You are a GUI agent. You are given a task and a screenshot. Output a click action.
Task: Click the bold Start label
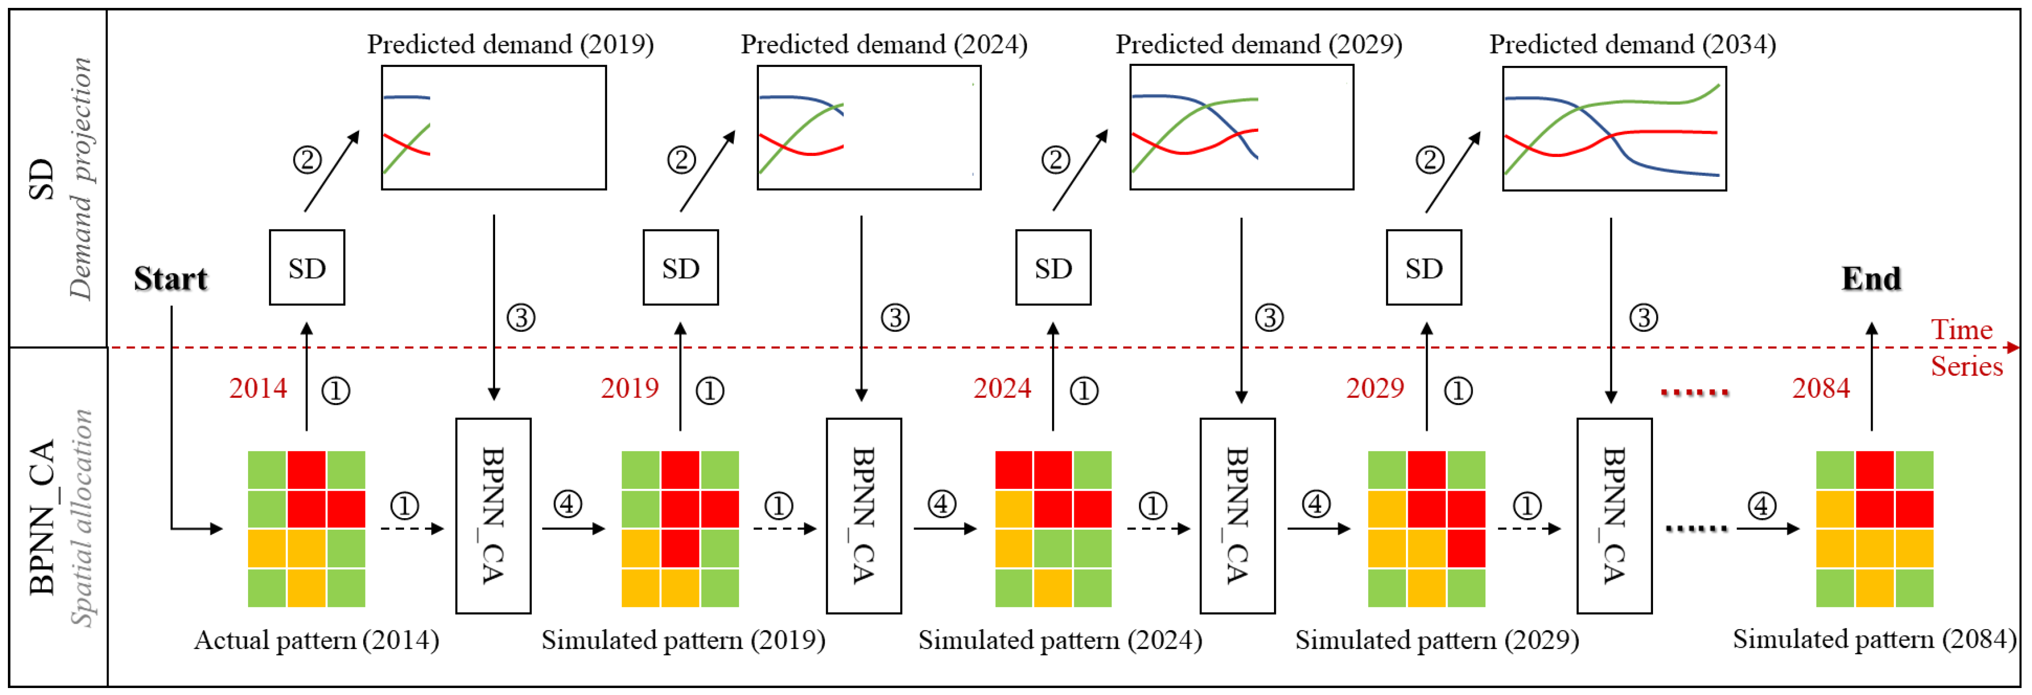(170, 279)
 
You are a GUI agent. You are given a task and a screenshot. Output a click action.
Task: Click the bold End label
(1871, 279)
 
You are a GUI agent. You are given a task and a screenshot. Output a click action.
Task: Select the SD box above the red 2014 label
(307, 267)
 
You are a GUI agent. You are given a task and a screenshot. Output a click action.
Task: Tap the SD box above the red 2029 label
(1424, 267)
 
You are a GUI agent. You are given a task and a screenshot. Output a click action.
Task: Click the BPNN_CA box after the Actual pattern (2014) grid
(493, 515)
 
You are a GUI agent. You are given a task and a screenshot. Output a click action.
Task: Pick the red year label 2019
(629, 388)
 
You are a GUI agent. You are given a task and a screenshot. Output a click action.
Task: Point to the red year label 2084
(1821, 388)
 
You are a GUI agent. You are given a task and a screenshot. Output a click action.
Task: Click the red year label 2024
(1002, 388)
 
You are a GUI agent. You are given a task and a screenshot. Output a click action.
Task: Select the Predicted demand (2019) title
(510, 44)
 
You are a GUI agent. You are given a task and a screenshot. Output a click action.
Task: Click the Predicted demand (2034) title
(1632, 44)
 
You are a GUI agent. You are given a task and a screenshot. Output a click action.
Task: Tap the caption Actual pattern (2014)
(316, 640)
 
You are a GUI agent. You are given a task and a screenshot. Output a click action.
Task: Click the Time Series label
(1966, 348)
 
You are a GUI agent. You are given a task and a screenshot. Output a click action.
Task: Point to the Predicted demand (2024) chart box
(869, 128)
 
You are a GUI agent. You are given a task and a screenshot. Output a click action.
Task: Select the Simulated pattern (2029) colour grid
(1426, 528)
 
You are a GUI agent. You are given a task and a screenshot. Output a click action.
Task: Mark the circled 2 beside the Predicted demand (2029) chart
(1055, 160)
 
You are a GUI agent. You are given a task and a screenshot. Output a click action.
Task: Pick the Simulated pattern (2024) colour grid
(1053, 528)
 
